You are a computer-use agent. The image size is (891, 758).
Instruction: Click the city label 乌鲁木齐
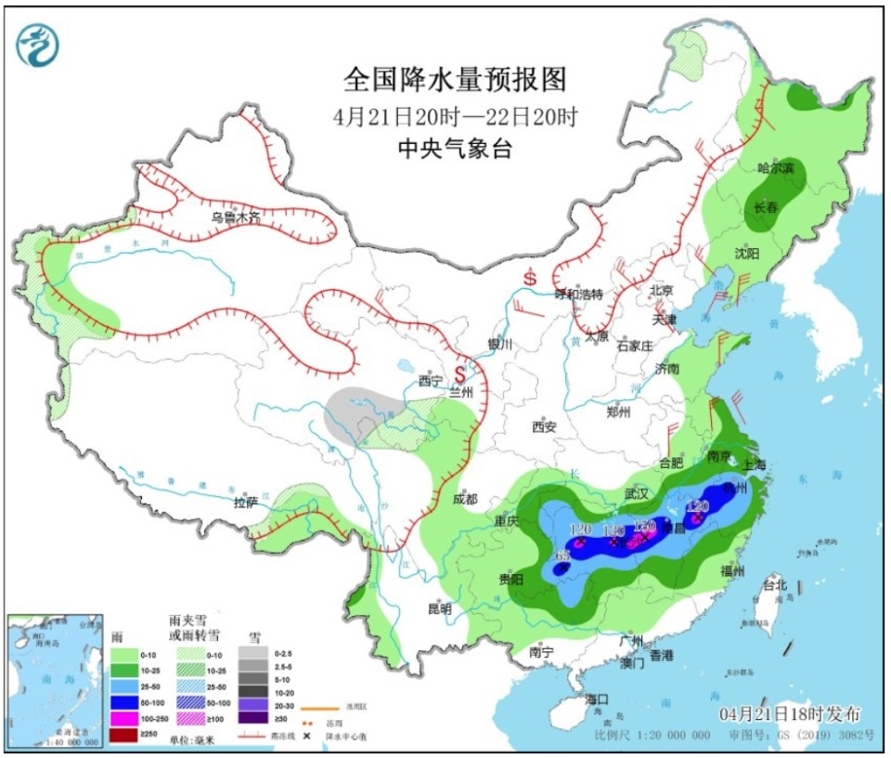tap(235, 216)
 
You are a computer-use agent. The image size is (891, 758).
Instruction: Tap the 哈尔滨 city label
tap(775, 168)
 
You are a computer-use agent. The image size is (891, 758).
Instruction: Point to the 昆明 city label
tap(439, 609)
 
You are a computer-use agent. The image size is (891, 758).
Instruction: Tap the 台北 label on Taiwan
tap(774, 585)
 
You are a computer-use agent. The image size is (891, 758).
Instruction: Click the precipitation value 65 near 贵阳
tap(562, 555)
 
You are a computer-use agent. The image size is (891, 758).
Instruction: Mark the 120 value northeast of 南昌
tap(698, 506)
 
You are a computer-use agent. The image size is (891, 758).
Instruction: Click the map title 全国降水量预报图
tap(455, 80)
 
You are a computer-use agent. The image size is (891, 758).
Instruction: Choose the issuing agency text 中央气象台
tap(455, 149)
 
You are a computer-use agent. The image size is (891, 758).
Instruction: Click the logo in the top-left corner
tap(38, 45)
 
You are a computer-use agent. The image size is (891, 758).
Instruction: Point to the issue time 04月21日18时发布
tap(790, 713)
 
